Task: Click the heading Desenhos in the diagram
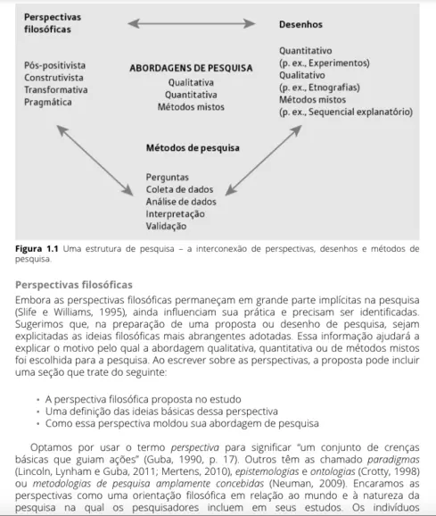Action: (x=302, y=25)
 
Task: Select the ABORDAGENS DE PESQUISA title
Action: (x=191, y=67)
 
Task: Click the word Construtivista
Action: (x=55, y=78)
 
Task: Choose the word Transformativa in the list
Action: (x=56, y=90)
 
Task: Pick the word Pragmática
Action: (x=49, y=103)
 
